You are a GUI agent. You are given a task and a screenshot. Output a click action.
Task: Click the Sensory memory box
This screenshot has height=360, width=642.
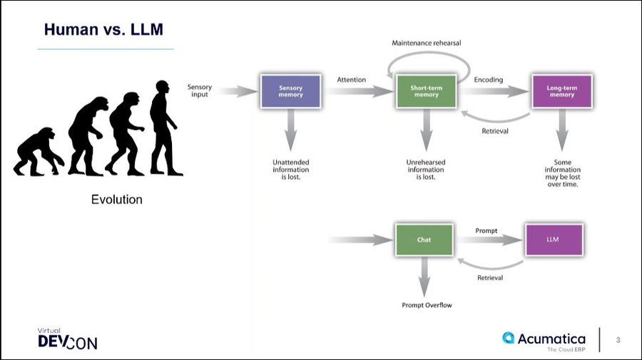pos(290,91)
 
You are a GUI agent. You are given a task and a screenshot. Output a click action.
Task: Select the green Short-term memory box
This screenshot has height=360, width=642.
pos(424,91)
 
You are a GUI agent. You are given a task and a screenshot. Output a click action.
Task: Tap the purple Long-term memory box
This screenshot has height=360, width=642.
pos(561,91)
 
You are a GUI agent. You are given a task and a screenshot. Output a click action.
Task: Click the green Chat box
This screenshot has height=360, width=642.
pos(424,240)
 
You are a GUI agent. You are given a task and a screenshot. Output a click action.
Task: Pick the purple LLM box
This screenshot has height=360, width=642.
pos(554,240)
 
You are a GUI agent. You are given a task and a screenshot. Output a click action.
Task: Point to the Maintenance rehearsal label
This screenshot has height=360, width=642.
pos(426,43)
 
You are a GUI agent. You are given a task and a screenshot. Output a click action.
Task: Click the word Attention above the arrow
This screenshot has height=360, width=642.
pos(351,79)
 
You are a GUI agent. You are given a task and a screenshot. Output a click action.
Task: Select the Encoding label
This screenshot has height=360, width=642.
pos(489,79)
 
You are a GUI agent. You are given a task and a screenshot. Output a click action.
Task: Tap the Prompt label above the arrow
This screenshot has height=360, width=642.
pos(486,230)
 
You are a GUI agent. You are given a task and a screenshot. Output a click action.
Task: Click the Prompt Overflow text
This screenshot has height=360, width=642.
pos(427,305)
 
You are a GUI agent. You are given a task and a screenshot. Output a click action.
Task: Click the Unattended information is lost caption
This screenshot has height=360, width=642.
pos(290,170)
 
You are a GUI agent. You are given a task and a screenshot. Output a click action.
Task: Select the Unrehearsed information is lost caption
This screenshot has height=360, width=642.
pos(426,170)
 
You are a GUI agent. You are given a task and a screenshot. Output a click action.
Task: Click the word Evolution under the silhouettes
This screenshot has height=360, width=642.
pos(116,200)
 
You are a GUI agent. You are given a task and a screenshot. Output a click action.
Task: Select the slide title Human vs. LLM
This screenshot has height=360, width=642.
pos(104,30)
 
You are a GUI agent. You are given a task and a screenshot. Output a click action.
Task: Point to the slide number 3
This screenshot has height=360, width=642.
pos(618,340)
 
